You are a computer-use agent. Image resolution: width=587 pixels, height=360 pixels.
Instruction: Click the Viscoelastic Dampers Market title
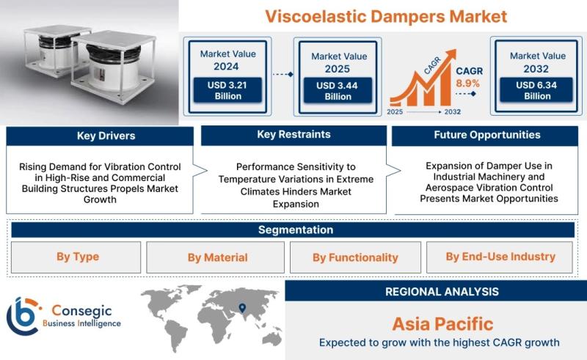(x=386, y=16)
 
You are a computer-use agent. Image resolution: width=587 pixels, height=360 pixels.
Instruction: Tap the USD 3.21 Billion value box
(x=227, y=90)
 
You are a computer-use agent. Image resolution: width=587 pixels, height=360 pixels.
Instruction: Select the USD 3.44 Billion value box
(x=338, y=91)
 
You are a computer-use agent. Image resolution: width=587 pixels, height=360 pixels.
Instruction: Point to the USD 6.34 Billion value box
(x=536, y=90)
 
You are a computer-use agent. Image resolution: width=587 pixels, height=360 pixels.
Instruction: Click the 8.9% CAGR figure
(x=467, y=83)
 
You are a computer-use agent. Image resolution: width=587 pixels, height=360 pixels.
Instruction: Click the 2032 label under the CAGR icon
(x=453, y=111)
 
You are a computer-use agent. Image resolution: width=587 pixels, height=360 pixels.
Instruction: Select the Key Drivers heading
(x=106, y=136)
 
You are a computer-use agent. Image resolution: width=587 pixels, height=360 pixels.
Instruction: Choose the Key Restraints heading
(x=294, y=134)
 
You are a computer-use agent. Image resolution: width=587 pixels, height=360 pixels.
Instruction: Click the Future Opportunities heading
(x=487, y=135)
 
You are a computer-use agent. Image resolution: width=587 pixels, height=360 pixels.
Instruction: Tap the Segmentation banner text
(x=296, y=229)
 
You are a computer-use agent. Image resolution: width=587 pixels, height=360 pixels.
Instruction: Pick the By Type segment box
(x=76, y=257)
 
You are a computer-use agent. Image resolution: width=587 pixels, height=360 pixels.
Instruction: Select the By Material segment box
(x=215, y=257)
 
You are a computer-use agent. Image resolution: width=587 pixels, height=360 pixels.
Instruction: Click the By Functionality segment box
(x=355, y=257)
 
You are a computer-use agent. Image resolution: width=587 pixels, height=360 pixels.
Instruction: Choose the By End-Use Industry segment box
(x=500, y=257)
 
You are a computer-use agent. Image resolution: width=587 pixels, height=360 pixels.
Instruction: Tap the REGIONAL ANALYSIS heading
(x=442, y=292)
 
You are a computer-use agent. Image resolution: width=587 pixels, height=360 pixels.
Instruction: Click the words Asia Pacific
(x=443, y=323)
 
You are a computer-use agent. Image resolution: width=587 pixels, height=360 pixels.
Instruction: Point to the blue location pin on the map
(x=242, y=308)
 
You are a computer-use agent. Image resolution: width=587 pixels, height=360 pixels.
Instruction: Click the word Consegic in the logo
(x=81, y=311)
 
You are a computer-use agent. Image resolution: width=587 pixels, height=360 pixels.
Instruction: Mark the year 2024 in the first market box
(x=226, y=67)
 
